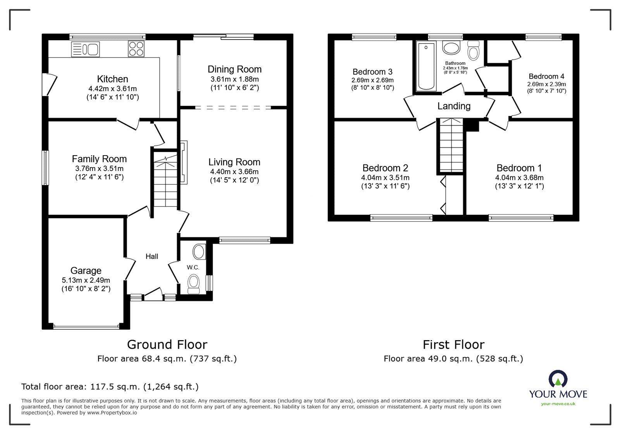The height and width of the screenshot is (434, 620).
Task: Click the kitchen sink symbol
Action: tap(86, 49)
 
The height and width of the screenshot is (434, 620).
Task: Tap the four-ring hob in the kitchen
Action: tap(136, 49)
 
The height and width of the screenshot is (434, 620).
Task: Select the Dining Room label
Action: tap(234, 69)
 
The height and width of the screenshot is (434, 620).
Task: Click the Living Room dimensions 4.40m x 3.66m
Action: tap(234, 172)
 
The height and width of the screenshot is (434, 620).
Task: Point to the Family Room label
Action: tap(99, 159)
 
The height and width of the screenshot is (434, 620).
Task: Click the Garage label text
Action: tap(86, 271)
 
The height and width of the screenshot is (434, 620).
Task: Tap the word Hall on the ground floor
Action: tap(152, 256)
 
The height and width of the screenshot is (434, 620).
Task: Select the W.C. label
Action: tap(193, 267)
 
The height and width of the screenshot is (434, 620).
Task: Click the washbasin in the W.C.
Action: tap(199, 252)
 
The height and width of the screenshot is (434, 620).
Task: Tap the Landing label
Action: tap(454, 106)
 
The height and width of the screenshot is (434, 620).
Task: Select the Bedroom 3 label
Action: tap(372, 72)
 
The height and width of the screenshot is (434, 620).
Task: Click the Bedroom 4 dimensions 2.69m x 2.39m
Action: tap(546, 84)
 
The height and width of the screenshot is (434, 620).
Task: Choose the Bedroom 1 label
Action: tap(519, 168)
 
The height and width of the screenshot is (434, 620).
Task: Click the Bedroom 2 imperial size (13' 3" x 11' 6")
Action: tap(385, 186)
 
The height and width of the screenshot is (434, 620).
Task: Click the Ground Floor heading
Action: tap(167, 344)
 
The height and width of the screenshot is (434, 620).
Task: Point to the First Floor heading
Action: tap(453, 344)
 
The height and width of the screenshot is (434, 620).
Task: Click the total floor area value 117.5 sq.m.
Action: tap(115, 387)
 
